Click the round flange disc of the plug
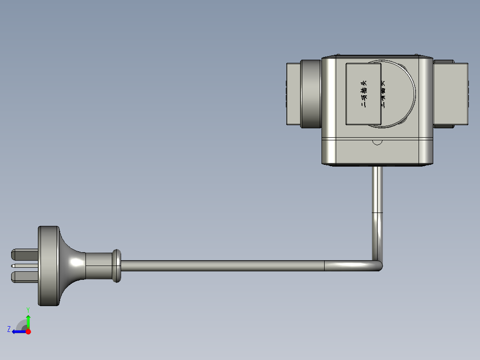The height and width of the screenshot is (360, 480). click(49, 266)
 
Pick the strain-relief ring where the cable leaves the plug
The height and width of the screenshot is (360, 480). click(116, 266)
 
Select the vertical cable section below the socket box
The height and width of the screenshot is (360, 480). click(377, 200)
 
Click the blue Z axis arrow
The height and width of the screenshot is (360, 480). click(19, 331)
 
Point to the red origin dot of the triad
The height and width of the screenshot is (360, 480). click(28, 331)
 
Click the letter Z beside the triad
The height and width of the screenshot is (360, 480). click(9, 329)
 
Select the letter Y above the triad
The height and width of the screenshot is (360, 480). click(28, 310)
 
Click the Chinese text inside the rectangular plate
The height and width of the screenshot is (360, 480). click(364, 94)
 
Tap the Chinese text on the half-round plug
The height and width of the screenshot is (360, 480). click(383, 94)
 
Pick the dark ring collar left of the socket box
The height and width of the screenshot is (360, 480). click(310, 94)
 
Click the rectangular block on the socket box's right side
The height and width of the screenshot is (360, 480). click(451, 94)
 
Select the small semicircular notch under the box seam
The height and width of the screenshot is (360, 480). click(377, 142)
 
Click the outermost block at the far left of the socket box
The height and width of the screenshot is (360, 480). click(293, 94)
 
